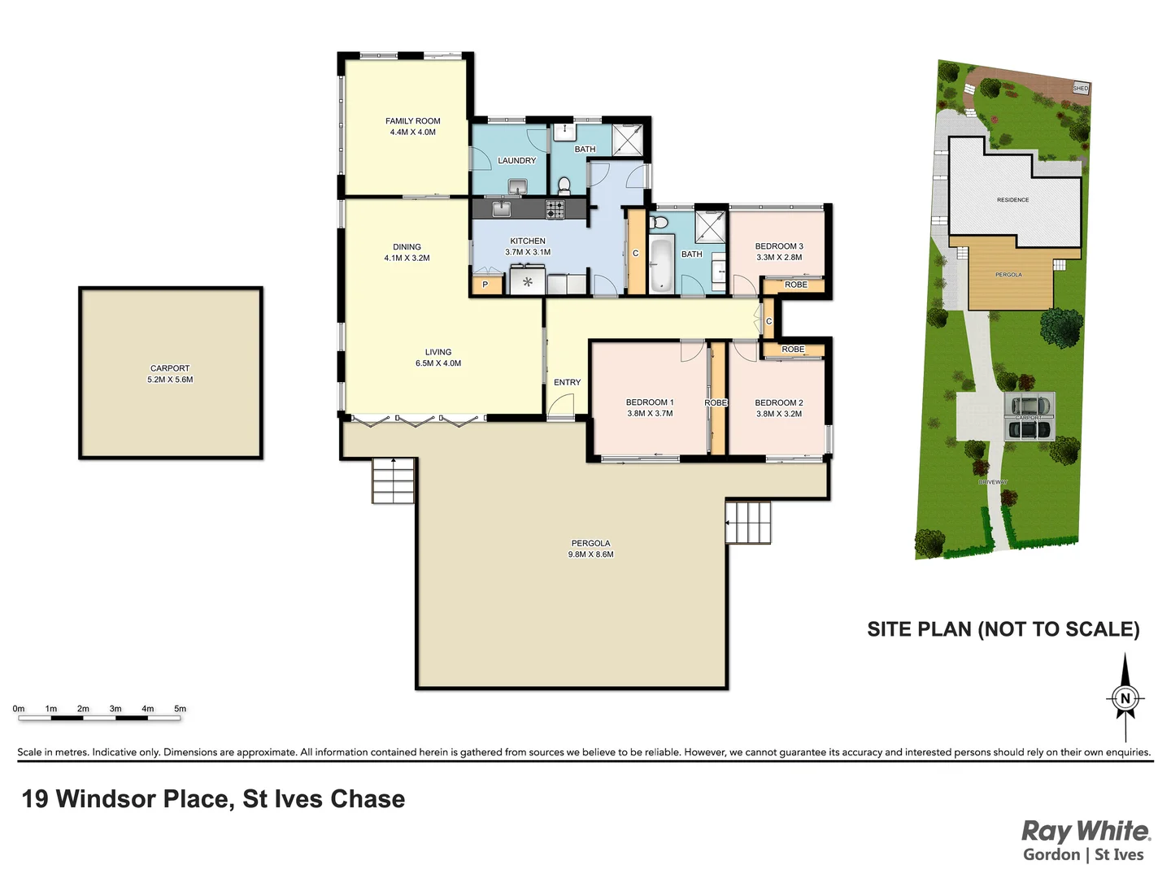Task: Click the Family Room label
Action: (x=412, y=121)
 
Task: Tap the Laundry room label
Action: (x=516, y=161)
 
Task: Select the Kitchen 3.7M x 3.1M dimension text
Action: (x=528, y=252)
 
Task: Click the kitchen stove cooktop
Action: (x=555, y=209)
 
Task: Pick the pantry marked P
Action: (x=485, y=285)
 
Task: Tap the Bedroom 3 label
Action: (x=778, y=246)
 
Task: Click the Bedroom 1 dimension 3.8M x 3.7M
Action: (x=650, y=414)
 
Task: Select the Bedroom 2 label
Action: (x=778, y=402)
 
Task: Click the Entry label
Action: (x=567, y=382)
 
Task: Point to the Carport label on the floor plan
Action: (x=170, y=368)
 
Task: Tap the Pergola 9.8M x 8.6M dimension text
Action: (x=590, y=554)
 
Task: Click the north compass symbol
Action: (x=1125, y=698)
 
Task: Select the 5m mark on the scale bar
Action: (x=180, y=709)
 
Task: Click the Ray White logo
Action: (x=1085, y=832)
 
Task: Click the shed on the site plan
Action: (x=1080, y=88)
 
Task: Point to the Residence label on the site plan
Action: (x=1012, y=200)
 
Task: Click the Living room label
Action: (x=437, y=352)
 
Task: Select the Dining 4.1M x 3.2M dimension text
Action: (x=407, y=259)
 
